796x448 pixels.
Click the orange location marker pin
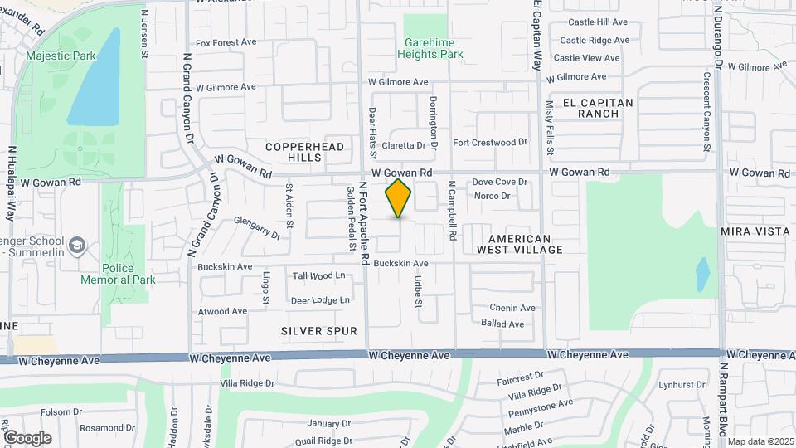pos(398,198)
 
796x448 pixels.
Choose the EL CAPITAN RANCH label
pos(597,108)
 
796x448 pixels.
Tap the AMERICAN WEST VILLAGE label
pos(520,244)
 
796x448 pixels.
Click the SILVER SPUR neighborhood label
pos(318,331)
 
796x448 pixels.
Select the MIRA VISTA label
pos(755,231)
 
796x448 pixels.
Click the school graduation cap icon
pos(76,245)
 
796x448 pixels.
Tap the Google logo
pos(27,437)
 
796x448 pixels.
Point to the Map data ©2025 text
pos(760,441)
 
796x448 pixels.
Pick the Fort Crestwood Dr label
pos(489,142)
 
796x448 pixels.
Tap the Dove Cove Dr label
pos(500,182)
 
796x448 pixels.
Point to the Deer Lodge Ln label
pos(320,300)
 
